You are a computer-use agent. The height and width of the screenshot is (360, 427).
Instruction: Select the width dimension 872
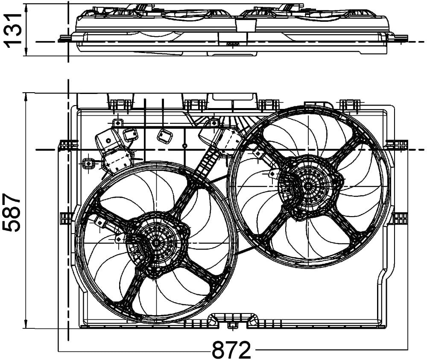coord(231,350)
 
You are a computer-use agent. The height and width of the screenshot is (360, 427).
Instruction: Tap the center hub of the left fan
coord(156,243)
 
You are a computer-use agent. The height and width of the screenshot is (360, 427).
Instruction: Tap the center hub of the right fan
coord(308,186)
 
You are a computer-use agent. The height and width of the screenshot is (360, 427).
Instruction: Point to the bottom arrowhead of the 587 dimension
coord(26,324)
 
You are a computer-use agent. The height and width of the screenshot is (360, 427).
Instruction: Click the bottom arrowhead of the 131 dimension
coord(26,52)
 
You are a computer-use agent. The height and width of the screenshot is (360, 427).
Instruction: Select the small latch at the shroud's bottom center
coord(232,325)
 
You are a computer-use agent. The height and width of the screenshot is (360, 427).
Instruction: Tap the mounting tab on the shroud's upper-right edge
coord(397,145)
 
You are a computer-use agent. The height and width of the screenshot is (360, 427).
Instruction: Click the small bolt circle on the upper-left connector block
coord(108,140)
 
